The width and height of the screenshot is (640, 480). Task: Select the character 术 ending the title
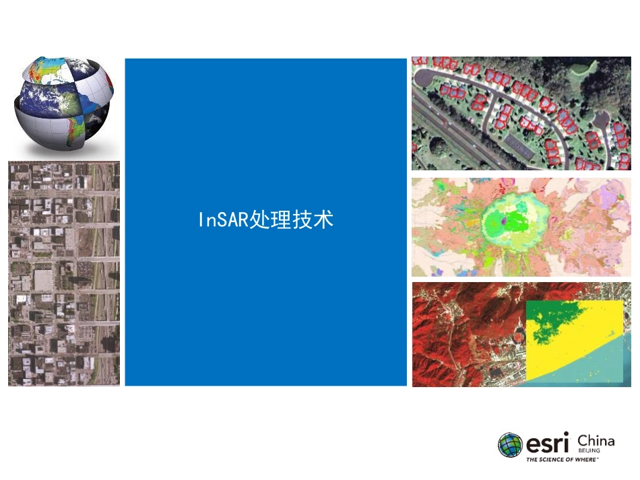pos(323,220)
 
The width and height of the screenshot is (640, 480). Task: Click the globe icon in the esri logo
pos(510,445)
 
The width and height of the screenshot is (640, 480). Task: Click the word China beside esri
pos(596,442)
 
